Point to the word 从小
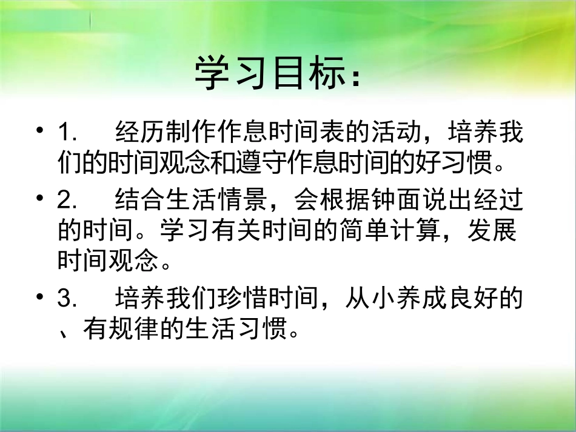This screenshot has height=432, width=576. (369, 300)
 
